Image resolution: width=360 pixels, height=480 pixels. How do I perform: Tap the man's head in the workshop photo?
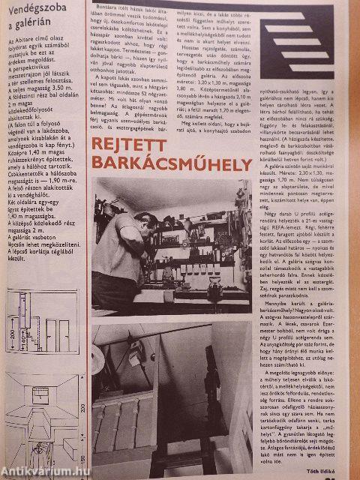coord(127,205)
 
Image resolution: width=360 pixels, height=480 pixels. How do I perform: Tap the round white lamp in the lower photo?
coord(136,356)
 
